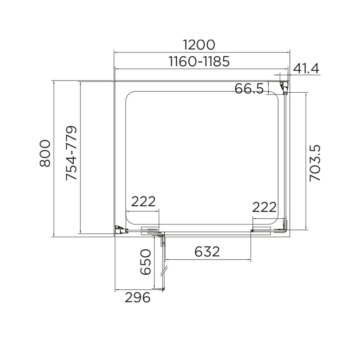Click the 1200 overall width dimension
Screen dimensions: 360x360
click(200, 45)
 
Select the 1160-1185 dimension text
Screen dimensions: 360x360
click(200, 61)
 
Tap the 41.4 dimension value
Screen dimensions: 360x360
click(306, 68)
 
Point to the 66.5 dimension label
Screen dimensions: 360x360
click(249, 89)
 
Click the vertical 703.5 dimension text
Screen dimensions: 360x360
click(316, 162)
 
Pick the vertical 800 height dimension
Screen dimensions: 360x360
click(45, 153)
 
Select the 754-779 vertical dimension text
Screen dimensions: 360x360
click(72, 153)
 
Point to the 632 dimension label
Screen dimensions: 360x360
click(207, 251)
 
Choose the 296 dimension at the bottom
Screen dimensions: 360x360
click(137, 297)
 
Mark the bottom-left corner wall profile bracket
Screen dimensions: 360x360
click(120, 230)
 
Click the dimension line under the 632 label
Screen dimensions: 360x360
click(207, 260)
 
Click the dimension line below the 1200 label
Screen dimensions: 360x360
click(200, 52)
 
